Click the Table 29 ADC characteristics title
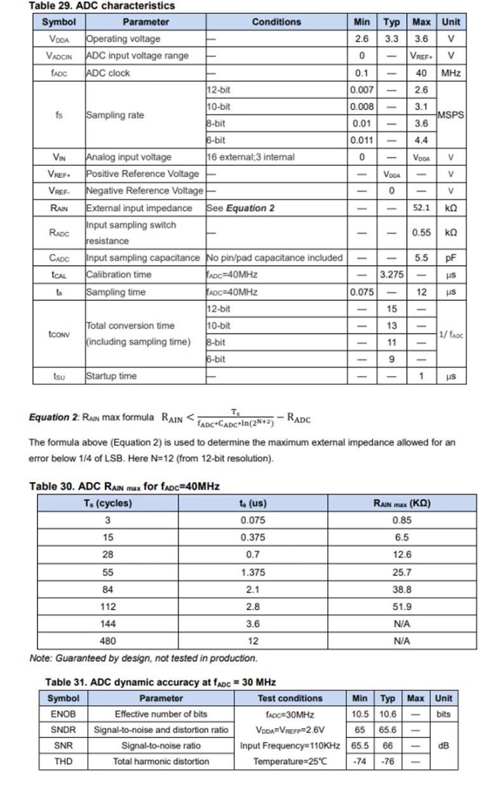[102, 6]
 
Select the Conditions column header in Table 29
[276, 22]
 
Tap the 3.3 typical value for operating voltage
[391, 39]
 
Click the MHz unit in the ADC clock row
[451, 73]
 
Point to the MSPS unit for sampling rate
[451, 115]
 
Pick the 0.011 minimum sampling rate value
[362, 140]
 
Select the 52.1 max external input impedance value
[421, 208]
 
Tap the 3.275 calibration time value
[391, 275]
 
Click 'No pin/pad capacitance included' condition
[275, 258]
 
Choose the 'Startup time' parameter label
[111, 376]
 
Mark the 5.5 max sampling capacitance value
[421, 258]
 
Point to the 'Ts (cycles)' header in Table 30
[107, 503]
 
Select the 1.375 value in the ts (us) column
[253, 572]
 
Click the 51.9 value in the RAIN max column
[402, 607]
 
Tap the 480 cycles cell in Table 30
[107, 641]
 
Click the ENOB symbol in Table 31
[63, 714]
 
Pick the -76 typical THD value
[388, 762]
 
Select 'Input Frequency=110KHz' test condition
[290, 746]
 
